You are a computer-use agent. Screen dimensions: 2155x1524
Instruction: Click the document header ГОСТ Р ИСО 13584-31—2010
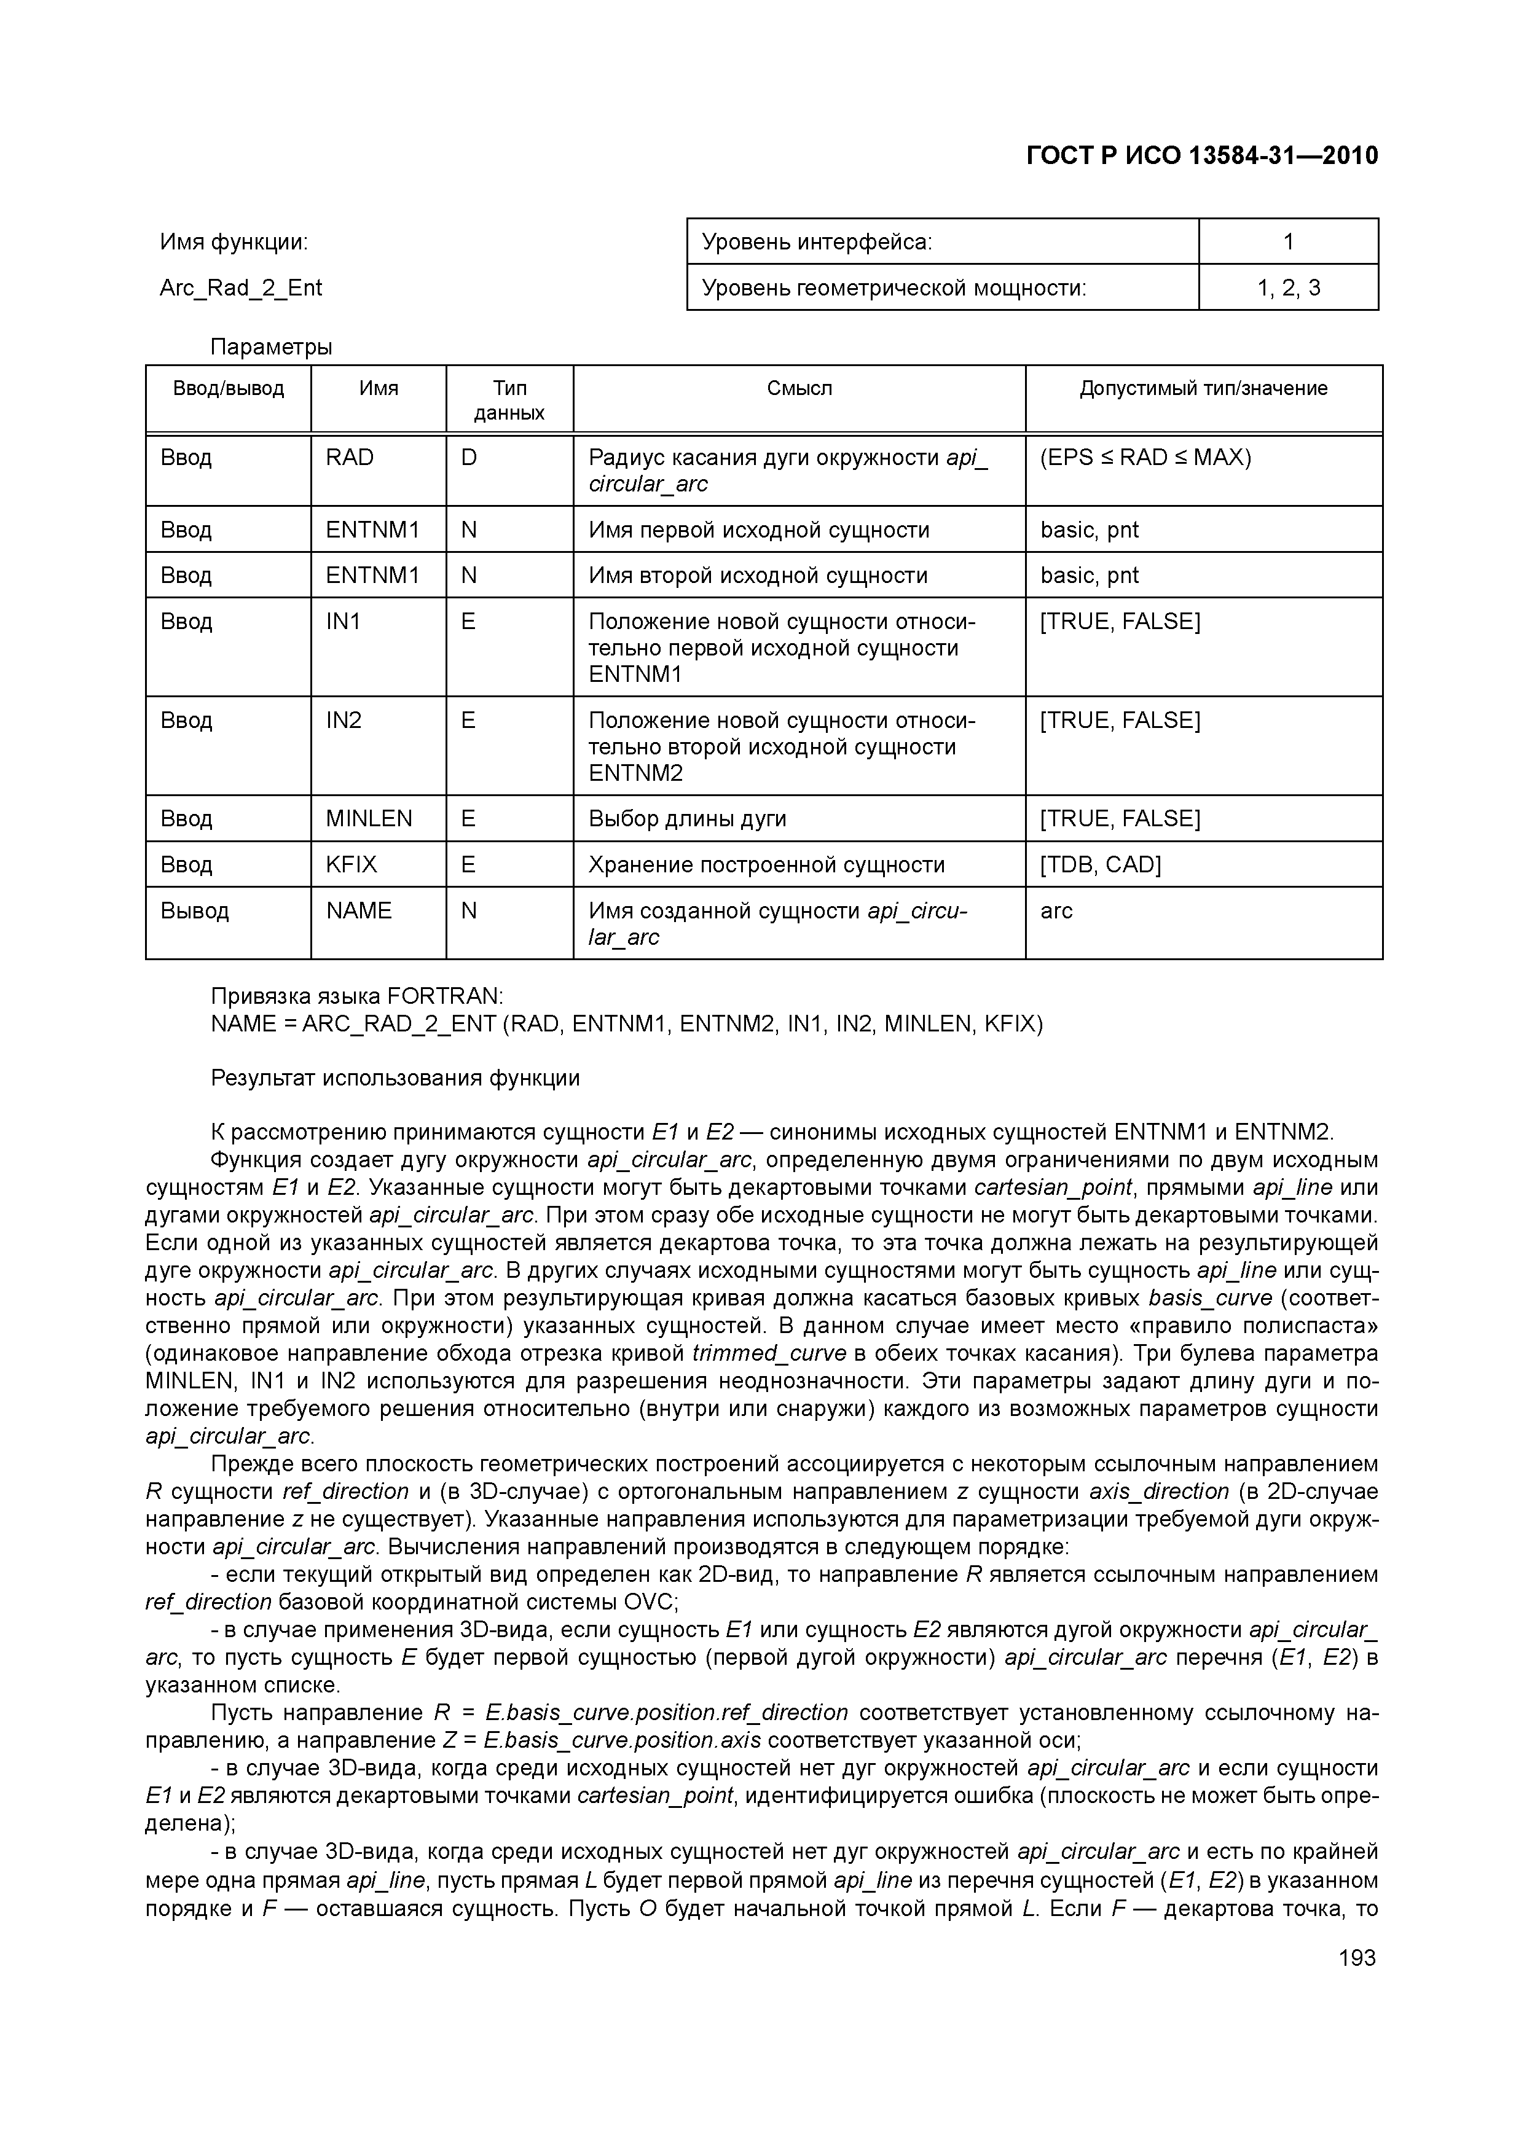1202,156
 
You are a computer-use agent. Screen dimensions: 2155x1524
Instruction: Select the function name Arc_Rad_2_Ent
240,288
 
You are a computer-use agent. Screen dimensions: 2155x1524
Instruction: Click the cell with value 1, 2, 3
1288,288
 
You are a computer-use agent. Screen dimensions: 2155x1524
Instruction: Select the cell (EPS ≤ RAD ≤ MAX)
1145,458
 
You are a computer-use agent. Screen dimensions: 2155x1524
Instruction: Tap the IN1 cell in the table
343,621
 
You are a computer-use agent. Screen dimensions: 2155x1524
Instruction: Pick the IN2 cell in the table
344,720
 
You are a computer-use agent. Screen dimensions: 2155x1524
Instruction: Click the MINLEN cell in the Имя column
369,818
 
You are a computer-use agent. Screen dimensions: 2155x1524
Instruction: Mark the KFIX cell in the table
351,864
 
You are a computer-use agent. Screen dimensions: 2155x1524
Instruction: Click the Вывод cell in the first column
194,910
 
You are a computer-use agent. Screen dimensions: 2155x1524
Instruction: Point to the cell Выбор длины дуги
688,818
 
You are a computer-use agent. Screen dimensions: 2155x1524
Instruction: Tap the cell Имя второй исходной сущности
758,576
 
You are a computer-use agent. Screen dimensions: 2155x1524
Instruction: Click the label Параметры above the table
272,347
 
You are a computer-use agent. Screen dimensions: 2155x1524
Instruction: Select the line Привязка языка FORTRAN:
357,996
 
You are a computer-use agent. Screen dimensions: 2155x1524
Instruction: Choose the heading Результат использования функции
395,1079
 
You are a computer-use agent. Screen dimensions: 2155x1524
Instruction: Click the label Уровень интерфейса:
817,242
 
